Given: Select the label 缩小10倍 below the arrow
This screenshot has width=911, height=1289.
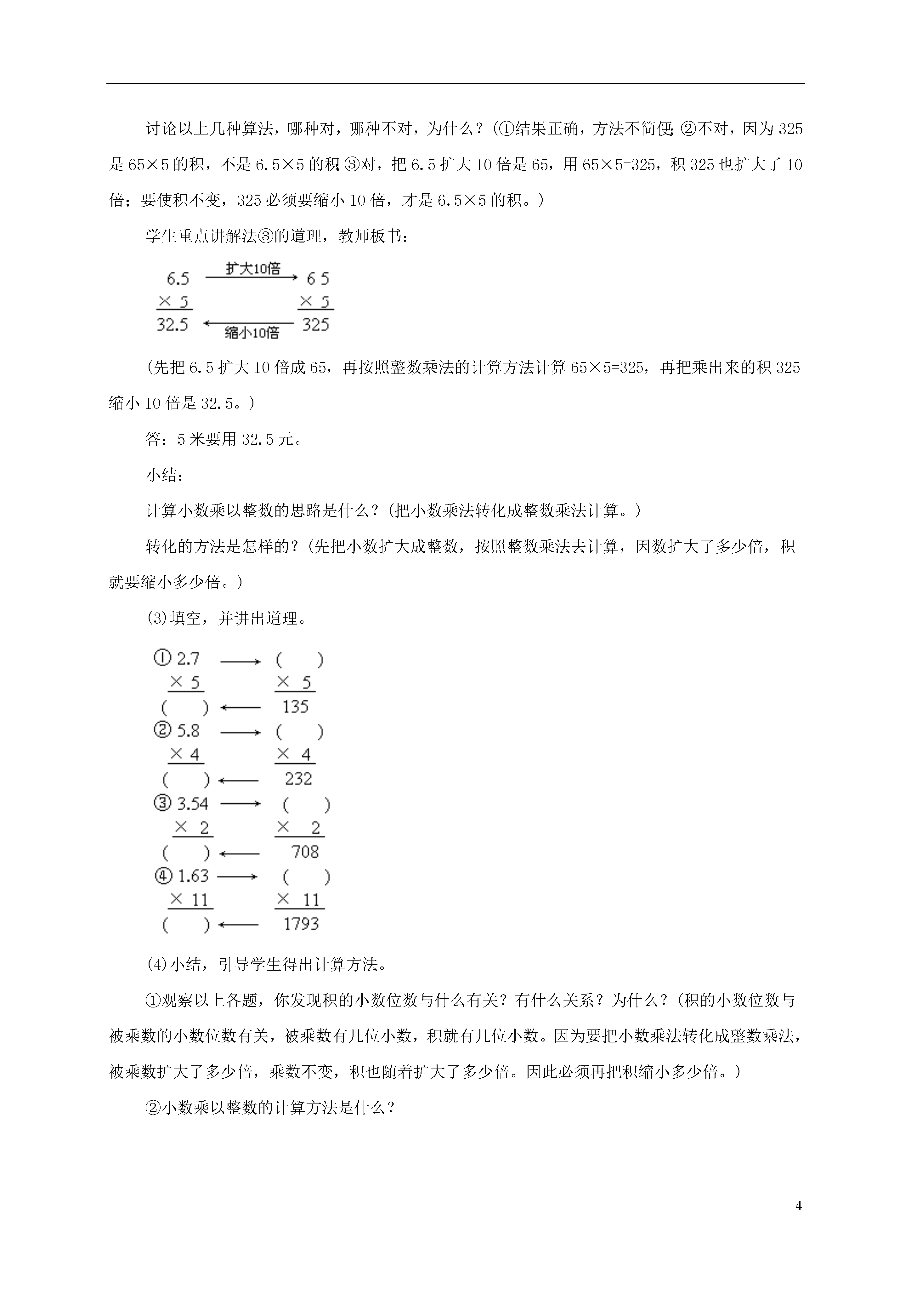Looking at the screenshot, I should coord(252,333).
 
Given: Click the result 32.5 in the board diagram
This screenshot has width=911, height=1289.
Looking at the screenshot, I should coord(172,324).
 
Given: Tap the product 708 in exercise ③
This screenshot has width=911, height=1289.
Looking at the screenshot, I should coord(305,852).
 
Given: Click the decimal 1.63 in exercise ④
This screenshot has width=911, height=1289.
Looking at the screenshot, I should coord(193,876).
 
